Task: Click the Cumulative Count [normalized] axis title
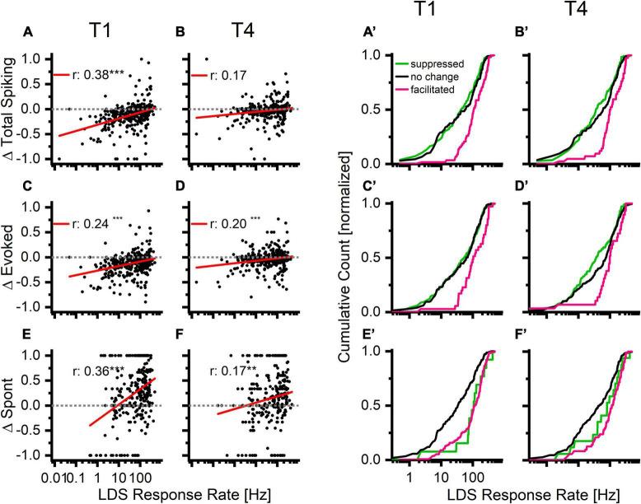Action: pyautogui.click(x=340, y=259)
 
